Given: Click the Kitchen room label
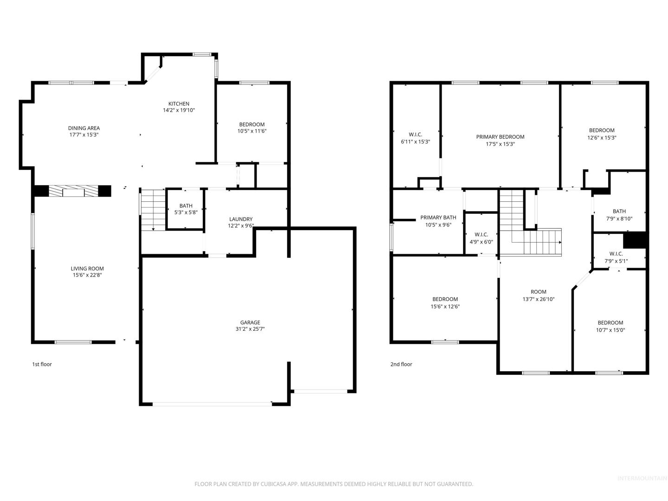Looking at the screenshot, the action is pos(179,107).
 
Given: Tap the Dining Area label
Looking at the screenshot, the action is pos(83,131).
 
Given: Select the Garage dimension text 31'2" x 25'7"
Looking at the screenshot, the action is pos(250,329).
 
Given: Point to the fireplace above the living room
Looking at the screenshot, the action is pos(73,191).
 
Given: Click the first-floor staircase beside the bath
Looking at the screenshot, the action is pos(153,210).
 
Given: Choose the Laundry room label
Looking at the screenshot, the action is pos(241,222).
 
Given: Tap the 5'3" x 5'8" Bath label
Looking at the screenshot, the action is pos(186,209).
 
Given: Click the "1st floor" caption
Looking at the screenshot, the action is pos(42,364).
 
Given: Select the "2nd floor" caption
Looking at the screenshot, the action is pos(401,364).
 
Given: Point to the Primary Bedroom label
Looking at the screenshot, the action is pos(500,140).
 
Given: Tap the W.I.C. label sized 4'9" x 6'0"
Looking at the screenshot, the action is pos(481,238).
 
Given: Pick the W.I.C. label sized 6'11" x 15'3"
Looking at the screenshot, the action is pos(415,138).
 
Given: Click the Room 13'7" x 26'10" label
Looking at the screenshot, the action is pos(539,295).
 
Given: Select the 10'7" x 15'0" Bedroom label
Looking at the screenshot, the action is pos(610,326).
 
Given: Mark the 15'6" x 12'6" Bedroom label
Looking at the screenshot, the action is pos(445,302).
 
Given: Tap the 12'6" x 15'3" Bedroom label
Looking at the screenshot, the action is pos(602,134).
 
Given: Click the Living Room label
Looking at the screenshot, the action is pos(87,272).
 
